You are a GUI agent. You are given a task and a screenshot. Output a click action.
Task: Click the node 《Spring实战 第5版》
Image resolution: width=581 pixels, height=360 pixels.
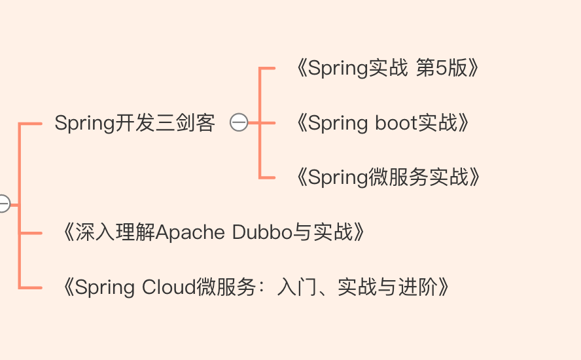[x=387, y=68]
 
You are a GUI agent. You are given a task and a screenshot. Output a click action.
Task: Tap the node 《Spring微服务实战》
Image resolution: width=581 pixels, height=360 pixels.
[x=387, y=177]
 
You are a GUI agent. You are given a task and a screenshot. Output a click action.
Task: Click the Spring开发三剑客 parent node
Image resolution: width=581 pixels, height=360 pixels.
[x=135, y=123]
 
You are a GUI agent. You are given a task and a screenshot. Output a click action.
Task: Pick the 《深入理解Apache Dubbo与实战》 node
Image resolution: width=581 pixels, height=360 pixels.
[x=213, y=232]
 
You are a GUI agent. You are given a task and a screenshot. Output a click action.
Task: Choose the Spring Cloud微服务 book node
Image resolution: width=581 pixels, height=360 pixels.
[x=256, y=287]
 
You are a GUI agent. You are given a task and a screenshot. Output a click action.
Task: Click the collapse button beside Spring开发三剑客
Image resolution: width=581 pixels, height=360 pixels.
[x=239, y=122]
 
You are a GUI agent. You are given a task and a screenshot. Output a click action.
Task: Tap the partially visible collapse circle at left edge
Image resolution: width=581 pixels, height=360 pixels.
[x=4, y=204]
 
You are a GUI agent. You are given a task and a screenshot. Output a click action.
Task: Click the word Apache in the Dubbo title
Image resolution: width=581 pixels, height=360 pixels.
[x=190, y=233]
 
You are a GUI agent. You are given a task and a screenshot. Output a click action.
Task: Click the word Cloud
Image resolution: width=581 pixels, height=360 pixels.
[x=169, y=287]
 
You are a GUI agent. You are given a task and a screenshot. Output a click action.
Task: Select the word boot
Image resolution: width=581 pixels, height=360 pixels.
[x=396, y=122]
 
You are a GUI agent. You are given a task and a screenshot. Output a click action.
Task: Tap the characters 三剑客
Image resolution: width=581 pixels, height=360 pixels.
[x=185, y=123]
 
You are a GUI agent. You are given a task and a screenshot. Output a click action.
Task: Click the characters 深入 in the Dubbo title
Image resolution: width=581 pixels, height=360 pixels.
[x=95, y=232]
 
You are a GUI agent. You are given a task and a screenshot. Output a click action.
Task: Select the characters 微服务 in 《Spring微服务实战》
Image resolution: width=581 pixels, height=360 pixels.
[x=398, y=177]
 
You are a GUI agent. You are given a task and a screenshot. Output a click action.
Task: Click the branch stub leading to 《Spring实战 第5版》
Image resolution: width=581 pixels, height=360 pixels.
[x=268, y=68]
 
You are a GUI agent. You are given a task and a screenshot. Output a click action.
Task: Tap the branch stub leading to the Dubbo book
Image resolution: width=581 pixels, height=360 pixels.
[x=30, y=233]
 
